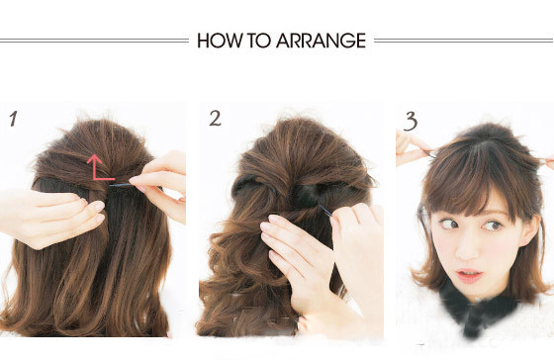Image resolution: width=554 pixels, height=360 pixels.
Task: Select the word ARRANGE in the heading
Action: [x=321, y=41]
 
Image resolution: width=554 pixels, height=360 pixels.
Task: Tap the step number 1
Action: [x=14, y=119]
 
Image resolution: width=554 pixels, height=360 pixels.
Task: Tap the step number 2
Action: [x=215, y=118]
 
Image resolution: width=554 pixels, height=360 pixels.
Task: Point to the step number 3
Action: [x=411, y=122]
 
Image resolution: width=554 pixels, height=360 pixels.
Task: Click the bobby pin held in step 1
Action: [x=121, y=185]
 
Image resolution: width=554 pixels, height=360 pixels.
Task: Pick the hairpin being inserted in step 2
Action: [x=325, y=211]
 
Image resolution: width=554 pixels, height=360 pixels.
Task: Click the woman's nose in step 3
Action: [x=467, y=249]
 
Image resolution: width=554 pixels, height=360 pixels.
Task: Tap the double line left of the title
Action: [x=94, y=41]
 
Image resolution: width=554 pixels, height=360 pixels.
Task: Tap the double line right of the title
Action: [x=464, y=41]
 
